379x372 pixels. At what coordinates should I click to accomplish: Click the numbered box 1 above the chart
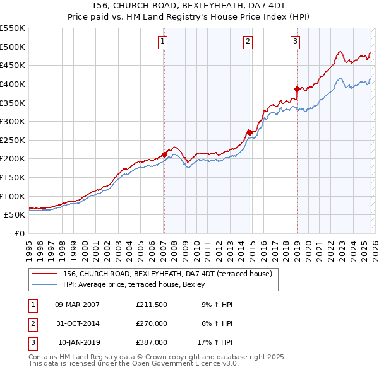163,42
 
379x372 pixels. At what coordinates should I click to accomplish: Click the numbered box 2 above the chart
248,42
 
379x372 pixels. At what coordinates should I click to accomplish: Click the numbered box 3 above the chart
295,42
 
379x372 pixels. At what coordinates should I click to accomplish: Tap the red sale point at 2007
164,154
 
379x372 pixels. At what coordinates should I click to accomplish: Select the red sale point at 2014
250,132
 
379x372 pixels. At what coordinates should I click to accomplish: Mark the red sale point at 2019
297,88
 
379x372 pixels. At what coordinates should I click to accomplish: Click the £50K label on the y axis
15,214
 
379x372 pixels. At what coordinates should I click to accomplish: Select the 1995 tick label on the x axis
28,246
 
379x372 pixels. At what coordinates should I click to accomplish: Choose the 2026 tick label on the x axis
374,246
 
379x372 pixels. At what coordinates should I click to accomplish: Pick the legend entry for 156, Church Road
167,274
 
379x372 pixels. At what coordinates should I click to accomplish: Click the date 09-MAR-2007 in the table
77,305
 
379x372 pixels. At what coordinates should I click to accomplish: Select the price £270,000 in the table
152,323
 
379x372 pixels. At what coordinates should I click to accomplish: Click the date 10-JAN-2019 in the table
78,342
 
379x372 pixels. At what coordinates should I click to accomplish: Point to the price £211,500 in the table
152,305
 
